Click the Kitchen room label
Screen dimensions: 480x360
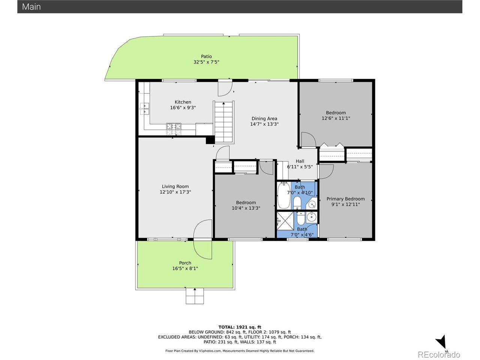coord(183,102)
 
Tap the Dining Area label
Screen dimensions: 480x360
coord(264,118)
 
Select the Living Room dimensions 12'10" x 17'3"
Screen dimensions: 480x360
coord(175,192)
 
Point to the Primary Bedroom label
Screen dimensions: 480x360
coord(345,199)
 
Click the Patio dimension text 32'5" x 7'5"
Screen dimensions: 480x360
coord(206,62)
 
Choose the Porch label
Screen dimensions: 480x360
coord(185,263)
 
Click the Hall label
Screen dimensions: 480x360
coord(300,161)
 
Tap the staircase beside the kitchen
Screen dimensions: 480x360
coord(223,122)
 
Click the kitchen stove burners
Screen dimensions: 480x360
coord(174,129)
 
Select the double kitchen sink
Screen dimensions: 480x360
coord(144,109)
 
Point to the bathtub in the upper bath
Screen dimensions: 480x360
coord(283,196)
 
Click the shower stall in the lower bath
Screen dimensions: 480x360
coord(285,221)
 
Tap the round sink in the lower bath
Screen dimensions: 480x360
coord(311,217)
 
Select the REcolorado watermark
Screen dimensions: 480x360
coord(439,354)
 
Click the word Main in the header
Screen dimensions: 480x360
coord(31,7)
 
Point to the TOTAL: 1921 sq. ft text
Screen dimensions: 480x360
coord(240,327)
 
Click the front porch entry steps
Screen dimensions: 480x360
coord(195,297)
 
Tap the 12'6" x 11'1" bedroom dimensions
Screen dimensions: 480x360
coord(336,118)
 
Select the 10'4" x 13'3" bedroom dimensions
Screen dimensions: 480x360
coord(246,208)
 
